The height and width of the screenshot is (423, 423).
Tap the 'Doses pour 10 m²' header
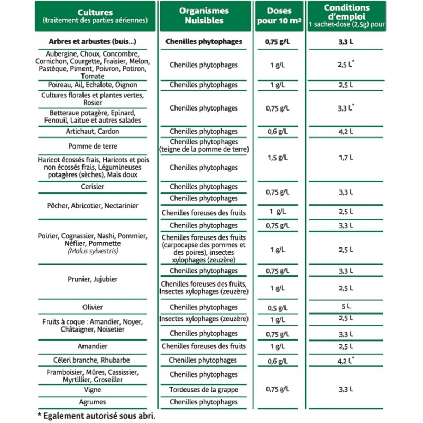coord(280,16)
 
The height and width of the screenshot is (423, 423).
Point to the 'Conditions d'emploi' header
coord(346,12)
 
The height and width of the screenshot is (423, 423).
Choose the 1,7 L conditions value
coord(346,158)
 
